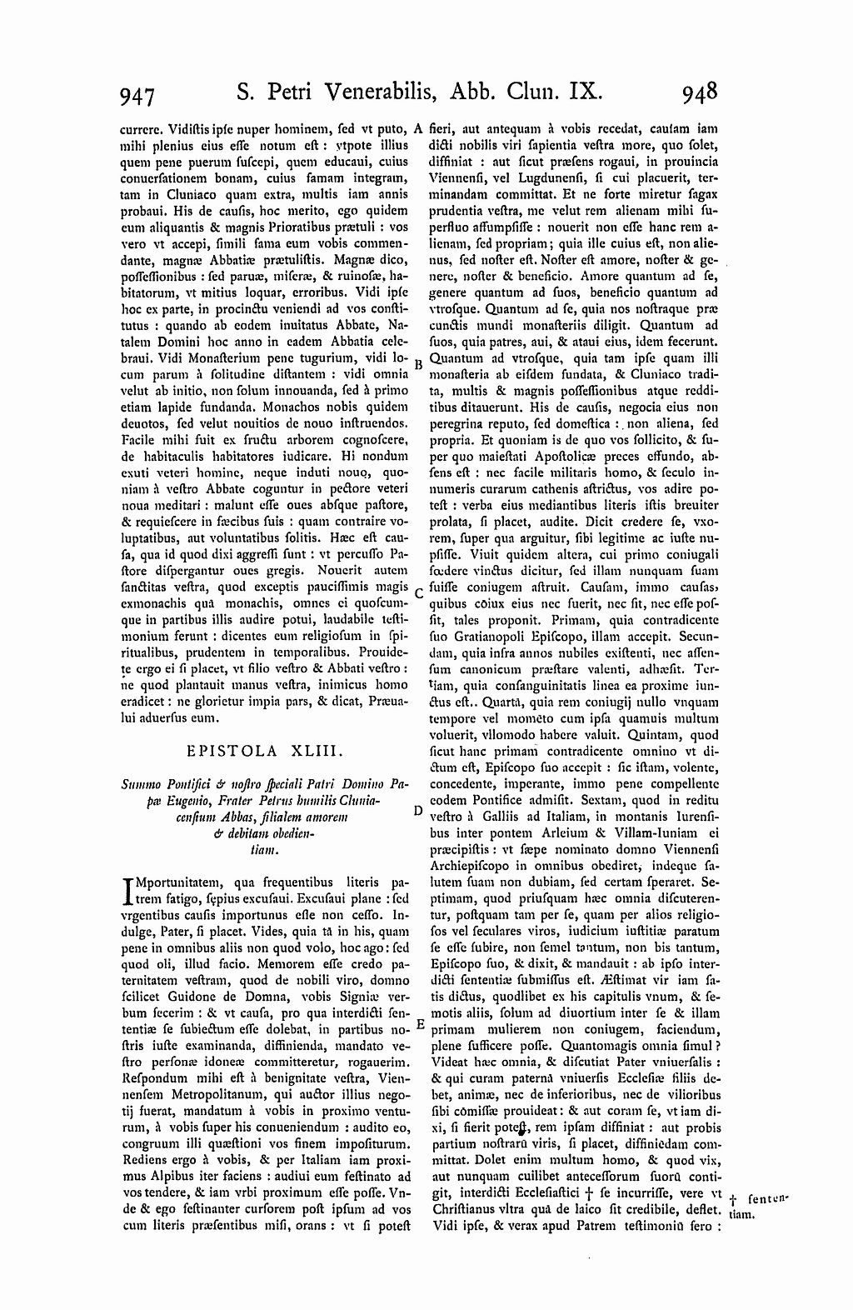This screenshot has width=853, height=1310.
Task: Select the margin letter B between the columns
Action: tap(419, 364)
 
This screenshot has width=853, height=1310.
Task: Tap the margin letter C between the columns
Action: tap(419, 593)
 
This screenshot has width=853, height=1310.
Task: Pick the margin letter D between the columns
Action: tap(419, 809)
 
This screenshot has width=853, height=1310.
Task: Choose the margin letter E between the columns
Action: tap(419, 1024)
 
